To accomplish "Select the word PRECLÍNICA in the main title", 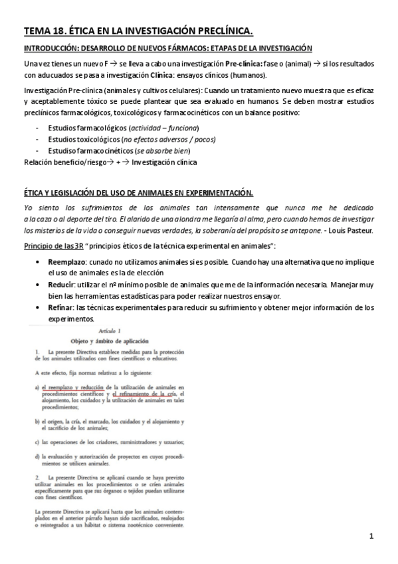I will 219,30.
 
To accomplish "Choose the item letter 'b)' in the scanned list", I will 39,421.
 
